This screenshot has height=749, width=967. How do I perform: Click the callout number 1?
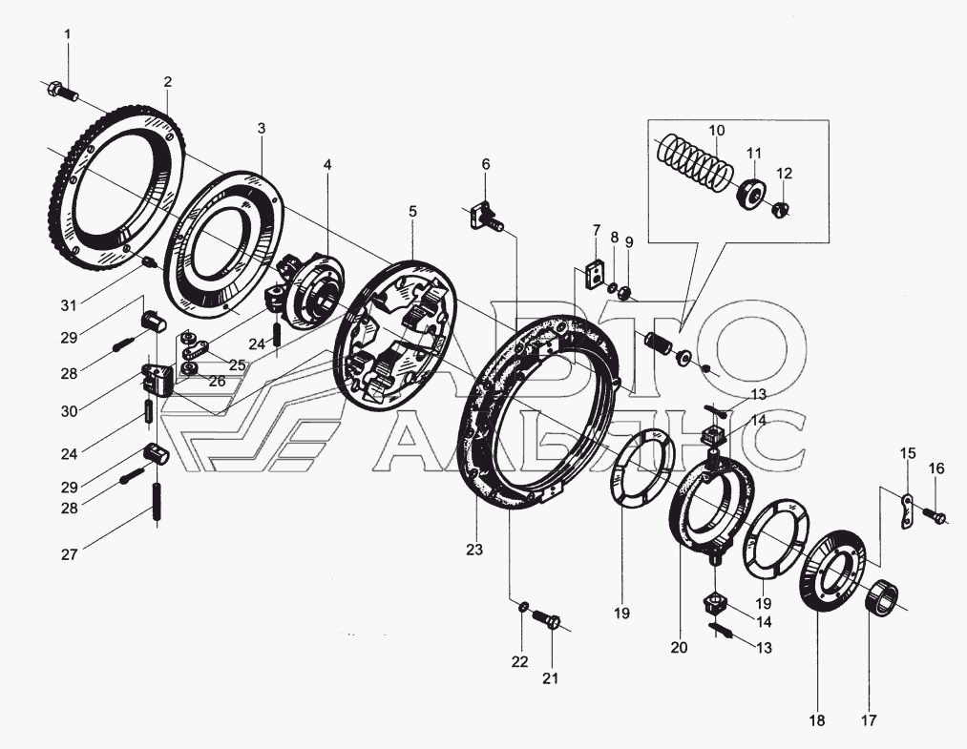[x=67, y=35]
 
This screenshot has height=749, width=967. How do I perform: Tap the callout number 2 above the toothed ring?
[x=167, y=81]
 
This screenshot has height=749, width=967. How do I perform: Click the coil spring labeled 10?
[x=694, y=163]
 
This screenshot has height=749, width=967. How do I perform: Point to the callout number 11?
[x=754, y=153]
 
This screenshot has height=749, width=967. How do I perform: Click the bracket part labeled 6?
[x=483, y=216]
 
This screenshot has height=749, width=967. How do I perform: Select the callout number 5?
[x=412, y=211]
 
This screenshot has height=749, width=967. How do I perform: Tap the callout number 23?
[x=474, y=550]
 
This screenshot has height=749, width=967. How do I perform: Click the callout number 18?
[x=816, y=720]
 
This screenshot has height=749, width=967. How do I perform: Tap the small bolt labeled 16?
[x=939, y=518]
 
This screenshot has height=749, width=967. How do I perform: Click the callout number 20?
[x=678, y=648]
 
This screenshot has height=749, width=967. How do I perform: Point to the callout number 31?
[x=66, y=305]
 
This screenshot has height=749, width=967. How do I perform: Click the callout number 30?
[x=66, y=410]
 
